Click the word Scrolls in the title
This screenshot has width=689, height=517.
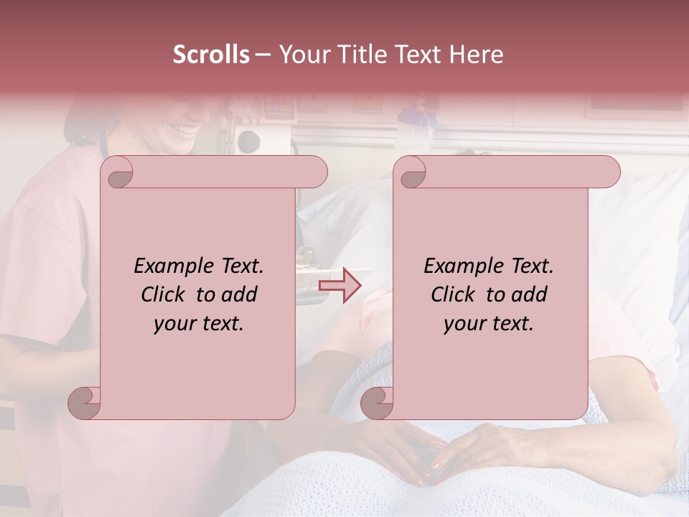tap(211, 55)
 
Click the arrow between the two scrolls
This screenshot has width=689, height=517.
tap(340, 286)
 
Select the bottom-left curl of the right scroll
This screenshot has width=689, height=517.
tap(378, 403)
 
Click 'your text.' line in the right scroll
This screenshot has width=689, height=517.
tap(489, 323)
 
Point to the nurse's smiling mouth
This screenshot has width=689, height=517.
tap(185, 130)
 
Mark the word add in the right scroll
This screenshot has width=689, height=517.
tap(530, 294)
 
